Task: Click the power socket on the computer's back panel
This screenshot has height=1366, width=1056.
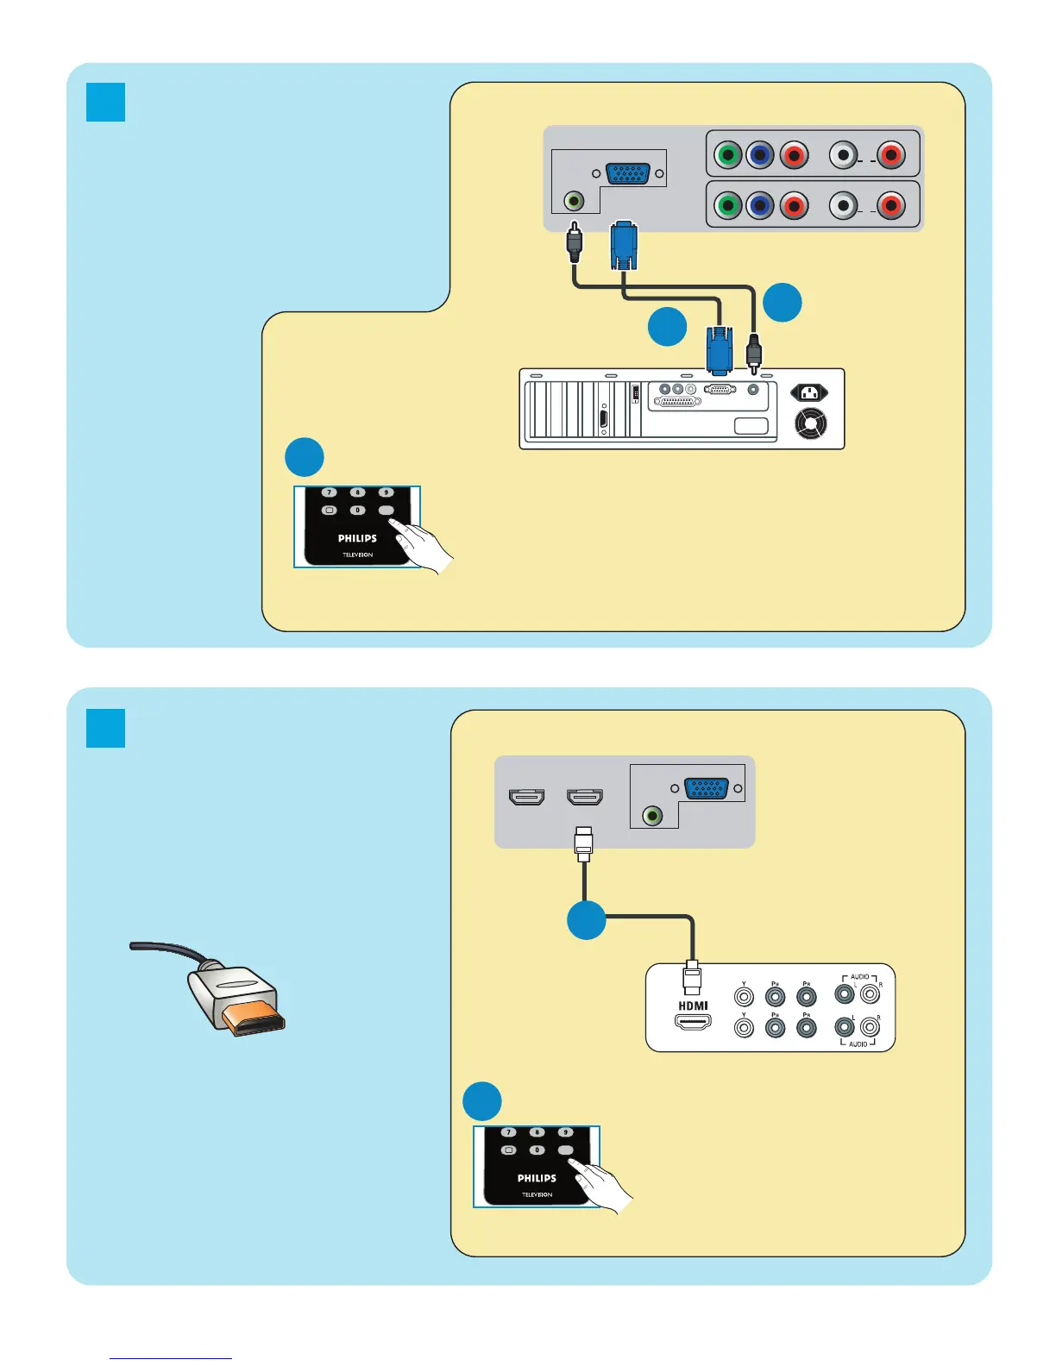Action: [809, 393]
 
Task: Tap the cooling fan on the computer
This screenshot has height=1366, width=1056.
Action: [809, 423]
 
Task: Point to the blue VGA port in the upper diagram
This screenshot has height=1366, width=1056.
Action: [628, 173]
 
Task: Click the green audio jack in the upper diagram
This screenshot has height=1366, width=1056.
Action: [573, 201]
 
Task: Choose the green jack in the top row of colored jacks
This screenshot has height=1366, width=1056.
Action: [728, 156]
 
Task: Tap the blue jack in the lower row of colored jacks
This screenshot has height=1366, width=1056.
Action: [759, 206]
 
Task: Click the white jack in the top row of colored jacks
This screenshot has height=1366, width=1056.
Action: [843, 156]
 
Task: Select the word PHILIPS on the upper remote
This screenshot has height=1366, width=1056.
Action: [357, 538]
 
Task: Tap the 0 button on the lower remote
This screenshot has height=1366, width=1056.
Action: [537, 1150]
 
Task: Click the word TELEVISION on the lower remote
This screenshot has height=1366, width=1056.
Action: [537, 1194]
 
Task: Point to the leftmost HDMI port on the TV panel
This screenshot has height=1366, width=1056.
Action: [527, 797]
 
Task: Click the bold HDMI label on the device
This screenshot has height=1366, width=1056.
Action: [693, 1006]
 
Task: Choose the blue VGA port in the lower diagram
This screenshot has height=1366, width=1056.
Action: [706, 788]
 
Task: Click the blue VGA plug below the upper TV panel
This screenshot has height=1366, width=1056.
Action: [624, 246]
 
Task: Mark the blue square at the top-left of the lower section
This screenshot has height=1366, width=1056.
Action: [106, 729]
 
